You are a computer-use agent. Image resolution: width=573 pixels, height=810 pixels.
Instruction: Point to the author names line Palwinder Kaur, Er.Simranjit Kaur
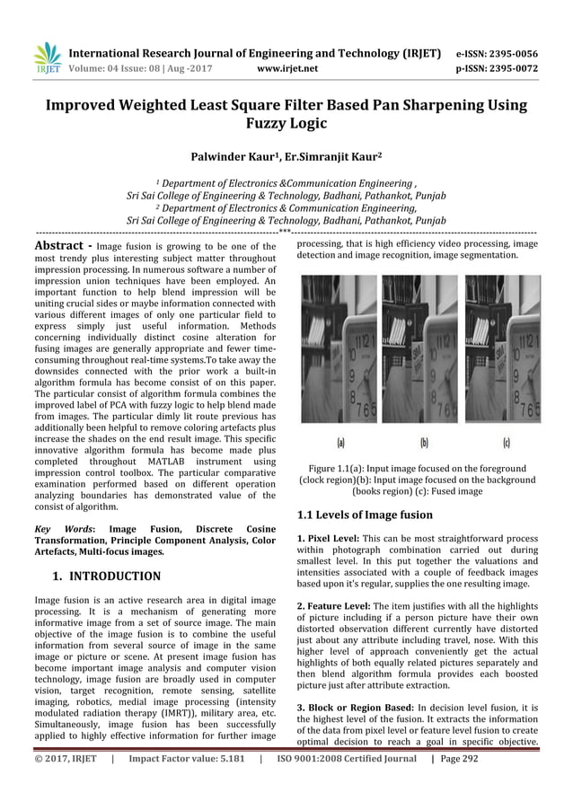pyautogui.click(x=286, y=155)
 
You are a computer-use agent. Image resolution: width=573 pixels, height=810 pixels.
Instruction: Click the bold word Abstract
pyautogui.click(x=57, y=243)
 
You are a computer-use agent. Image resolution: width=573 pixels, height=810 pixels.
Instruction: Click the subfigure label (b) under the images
pyautogui.click(x=424, y=443)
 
